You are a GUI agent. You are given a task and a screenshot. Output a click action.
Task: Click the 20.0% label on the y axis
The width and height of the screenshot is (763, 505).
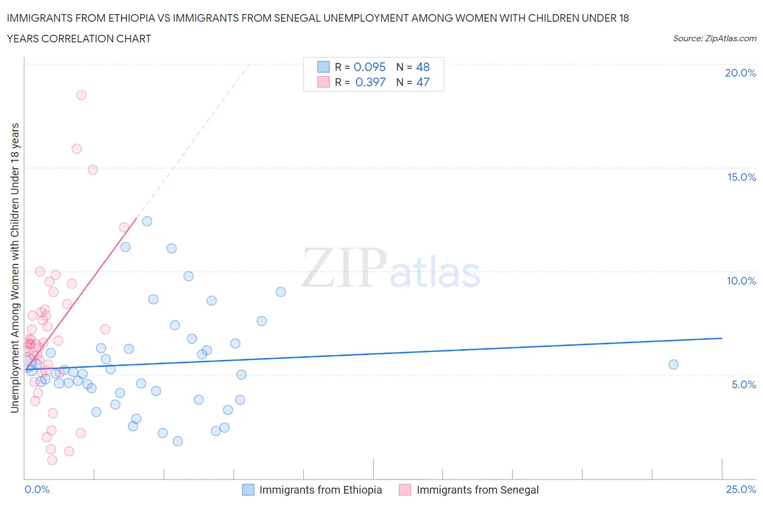tap(740, 73)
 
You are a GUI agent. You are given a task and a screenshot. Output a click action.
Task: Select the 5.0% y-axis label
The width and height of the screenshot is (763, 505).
tap(743, 384)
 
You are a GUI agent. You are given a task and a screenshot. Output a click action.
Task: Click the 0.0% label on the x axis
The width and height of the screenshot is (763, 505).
tap(37, 489)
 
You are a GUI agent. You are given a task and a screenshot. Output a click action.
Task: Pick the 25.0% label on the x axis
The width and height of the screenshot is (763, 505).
tap(741, 489)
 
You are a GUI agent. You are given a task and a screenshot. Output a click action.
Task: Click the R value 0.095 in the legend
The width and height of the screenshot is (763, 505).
tap(370, 67)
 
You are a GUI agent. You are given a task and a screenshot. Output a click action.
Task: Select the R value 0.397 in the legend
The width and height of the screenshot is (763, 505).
tap(370, 82)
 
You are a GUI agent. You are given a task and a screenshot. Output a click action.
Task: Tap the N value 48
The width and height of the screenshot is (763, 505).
tap(423, 67)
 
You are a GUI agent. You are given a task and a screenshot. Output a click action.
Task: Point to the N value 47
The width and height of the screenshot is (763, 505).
tap(423, 82)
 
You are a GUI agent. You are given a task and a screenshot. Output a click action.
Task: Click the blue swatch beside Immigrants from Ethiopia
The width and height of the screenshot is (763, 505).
tap(248, 490)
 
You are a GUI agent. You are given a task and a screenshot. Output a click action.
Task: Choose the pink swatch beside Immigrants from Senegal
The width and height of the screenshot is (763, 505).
tap(405, 490)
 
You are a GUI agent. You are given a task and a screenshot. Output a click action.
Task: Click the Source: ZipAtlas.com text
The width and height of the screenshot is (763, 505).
tap(714, 39)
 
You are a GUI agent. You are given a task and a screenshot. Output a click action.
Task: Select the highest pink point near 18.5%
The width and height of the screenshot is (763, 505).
tap(81, 95)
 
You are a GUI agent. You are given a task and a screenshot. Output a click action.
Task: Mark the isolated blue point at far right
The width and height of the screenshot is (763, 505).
tap(673, 364)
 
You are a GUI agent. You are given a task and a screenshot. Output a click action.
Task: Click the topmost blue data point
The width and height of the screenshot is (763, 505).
tap(147, 221)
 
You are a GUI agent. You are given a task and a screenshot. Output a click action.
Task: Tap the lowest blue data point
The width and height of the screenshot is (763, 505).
tap(177, 441)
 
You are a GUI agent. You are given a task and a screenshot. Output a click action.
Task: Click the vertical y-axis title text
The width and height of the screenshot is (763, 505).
tap(15, 268)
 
